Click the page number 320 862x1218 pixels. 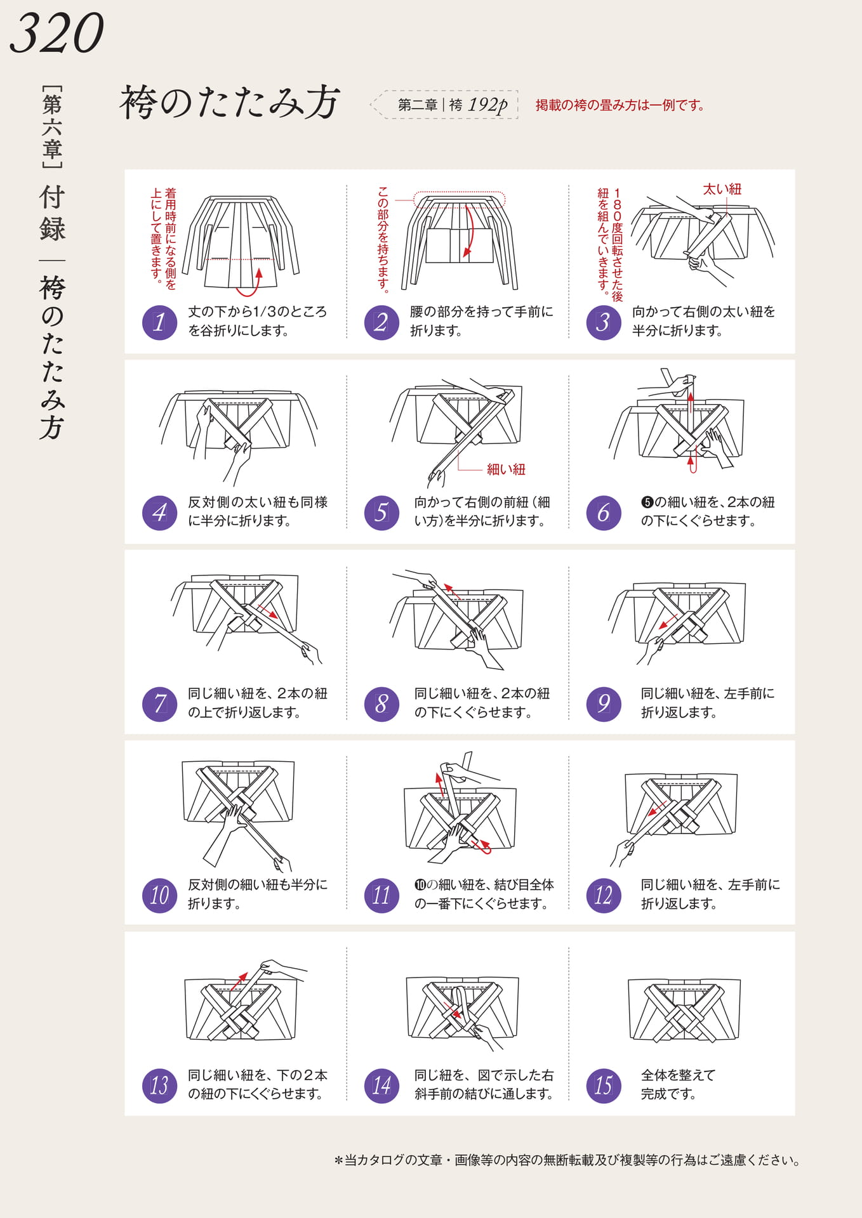(56, 34)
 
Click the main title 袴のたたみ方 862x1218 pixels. (230, 102)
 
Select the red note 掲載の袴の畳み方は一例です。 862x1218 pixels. (620, 105)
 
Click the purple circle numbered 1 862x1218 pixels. (159, 322)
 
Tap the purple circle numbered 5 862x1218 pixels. (381, 513)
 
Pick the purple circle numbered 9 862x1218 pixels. (604, 704)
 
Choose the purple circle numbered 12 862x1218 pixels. (604, 895)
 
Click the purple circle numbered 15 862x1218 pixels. (604, 1085)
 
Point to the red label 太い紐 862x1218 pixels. (722, 189)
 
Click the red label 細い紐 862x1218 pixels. (506, 469)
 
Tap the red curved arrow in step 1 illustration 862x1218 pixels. (251, 284)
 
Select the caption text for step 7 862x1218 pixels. (258, 703)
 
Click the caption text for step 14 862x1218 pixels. (484, 1085)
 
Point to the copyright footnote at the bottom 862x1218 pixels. (567, 1160)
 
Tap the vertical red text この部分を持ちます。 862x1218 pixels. (383, 239)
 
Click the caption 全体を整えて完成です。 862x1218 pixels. (678, 1085)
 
